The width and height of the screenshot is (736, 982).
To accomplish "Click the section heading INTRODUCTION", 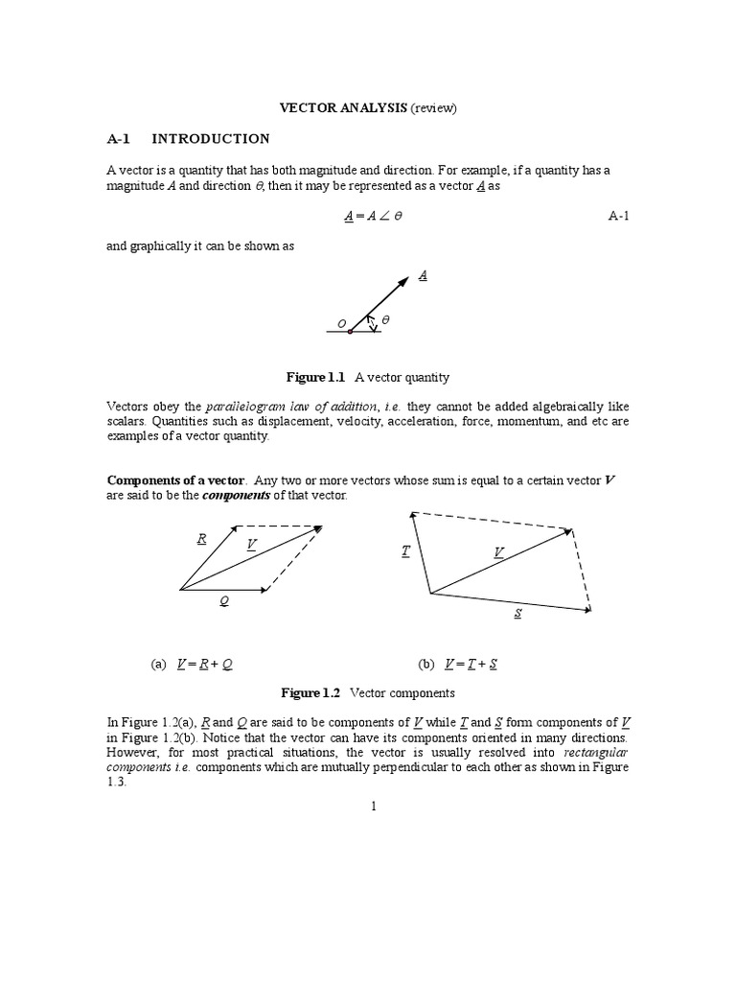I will [211, 138].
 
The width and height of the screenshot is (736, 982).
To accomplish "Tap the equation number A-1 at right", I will [619, 217].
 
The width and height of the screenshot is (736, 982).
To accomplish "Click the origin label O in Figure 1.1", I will [340, 323].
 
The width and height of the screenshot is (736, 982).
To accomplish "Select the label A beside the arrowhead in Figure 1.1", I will [423, 275].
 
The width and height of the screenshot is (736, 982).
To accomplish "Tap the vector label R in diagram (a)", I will [202, 538].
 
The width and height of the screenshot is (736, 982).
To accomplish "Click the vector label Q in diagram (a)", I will [224, 601].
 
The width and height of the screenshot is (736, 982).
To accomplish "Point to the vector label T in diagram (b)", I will [405, 550].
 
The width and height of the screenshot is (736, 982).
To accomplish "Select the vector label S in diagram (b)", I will [517, 613].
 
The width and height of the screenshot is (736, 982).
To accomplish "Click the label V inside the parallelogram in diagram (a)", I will [251, 545].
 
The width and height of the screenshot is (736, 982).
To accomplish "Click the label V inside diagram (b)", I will [498, 551].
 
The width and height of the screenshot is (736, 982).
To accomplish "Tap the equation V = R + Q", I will [205, 664].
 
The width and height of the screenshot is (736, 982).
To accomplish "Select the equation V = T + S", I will [471, 664].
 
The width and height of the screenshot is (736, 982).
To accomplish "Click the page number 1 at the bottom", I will [376, 806].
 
